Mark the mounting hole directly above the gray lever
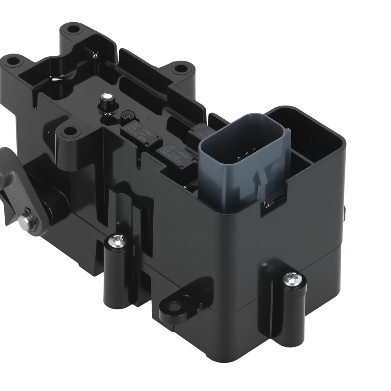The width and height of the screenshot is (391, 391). (69, 132)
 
